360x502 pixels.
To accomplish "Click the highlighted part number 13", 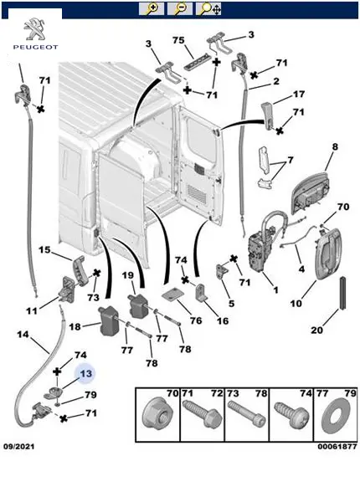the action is pyautogui.click(x=85, y=374).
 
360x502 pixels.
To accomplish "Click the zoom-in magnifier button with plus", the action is pyautogui.click(x=152, y=8).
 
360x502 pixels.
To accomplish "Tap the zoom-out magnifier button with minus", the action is pyautogui.click(x=180, y=8).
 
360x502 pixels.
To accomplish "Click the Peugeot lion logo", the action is pyautogui.click(x=36, y=29).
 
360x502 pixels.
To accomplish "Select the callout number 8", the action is pyautogui.click(x=335, y=147).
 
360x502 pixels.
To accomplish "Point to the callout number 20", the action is pyautogui.click(x=316, y=330).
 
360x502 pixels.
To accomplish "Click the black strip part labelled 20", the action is pyautogui.click(x=342, y=293).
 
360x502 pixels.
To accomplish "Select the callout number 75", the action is pyautogui.click(x=178, y=40).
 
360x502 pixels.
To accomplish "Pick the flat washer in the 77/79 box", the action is pyautogui.click(x=336, y=415).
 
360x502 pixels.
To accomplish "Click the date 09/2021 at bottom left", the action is pyautogui.click(x=19, y=447).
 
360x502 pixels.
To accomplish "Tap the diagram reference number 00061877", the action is pyautogui.click(x=337, y=447).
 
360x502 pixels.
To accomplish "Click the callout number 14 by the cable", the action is pyautogui.click(x=23, y=335).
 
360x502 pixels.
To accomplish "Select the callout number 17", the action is pyautogui.click(x=299, y=94).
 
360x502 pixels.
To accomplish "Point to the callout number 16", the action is pyautogui.click(x=223, y=320).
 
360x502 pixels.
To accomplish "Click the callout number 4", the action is pyautogui.click(x=301, y=269).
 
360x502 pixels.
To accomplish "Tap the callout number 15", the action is pyautogui.click(x=45, y=249).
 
